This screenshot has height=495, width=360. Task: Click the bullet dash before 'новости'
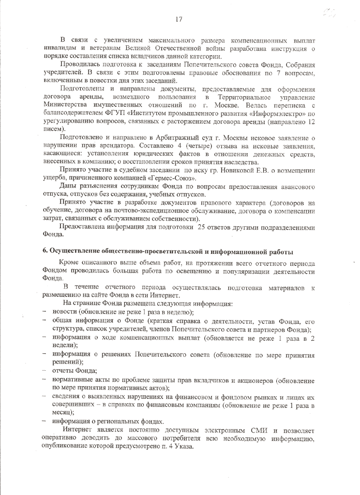(x=44, y=312)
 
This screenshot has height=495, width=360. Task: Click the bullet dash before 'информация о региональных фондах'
(x=44, y=421)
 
